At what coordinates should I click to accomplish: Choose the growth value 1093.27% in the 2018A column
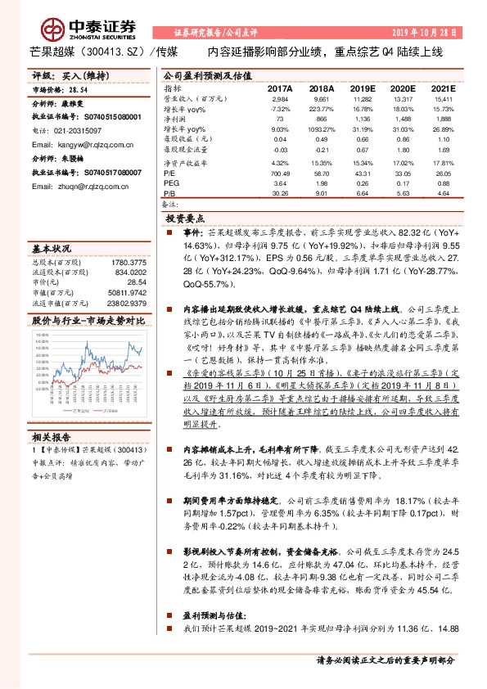coord(321,128)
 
